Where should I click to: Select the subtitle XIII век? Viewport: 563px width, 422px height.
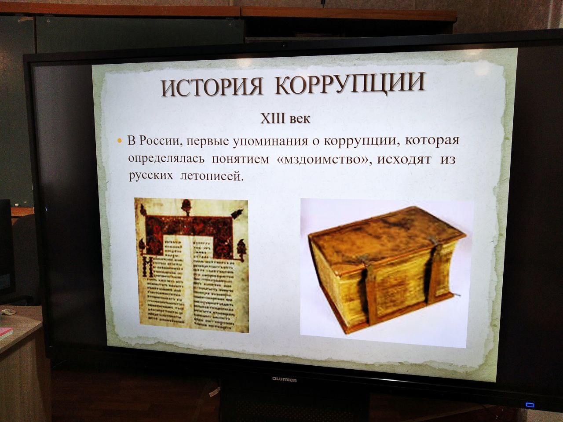(x=285, y=119)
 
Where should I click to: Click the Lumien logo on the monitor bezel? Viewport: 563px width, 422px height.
(x=284, y=379)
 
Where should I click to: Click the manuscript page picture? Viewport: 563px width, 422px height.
(x=191, y=264)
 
